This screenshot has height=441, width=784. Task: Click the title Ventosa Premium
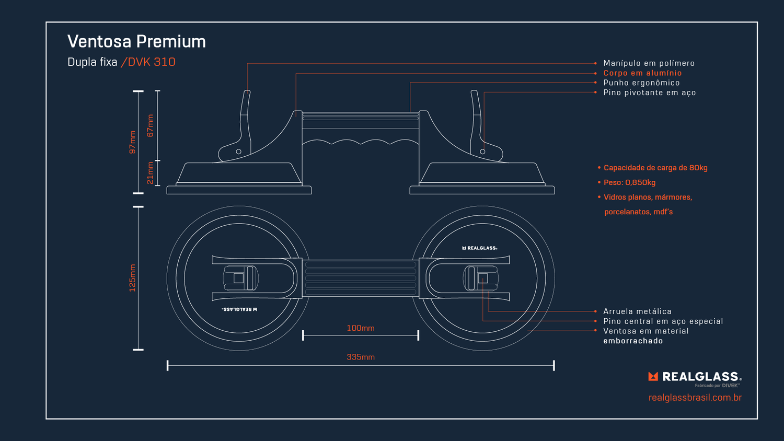point(136,41)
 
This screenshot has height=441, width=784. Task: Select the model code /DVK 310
point(148,62)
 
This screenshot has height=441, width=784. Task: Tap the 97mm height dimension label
point(132,142)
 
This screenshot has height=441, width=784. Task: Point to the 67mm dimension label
point(150,126)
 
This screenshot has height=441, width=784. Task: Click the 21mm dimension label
point(150,173)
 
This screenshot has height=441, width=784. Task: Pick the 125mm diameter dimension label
point(132,278)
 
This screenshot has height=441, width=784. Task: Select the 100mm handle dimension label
point(361,328)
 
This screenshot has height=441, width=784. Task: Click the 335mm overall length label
point(361,357)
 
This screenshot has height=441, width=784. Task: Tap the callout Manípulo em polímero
point(649,63)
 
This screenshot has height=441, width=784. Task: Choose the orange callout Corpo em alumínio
point(642,73)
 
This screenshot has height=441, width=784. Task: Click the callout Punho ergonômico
point(641,83)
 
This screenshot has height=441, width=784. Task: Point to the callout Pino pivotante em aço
point(649,92)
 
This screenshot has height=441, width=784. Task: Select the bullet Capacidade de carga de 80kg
point(655,168)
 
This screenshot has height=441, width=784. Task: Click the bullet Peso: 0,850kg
point(629,182)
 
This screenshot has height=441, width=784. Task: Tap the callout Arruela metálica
point(637,311)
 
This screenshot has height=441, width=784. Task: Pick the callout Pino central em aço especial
point(663,321)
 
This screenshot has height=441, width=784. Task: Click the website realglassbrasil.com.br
point(695,398)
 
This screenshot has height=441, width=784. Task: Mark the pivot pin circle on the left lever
point(239,152)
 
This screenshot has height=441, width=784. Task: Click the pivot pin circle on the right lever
point(482,152)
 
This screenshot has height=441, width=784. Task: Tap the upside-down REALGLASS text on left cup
point(240,309)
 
